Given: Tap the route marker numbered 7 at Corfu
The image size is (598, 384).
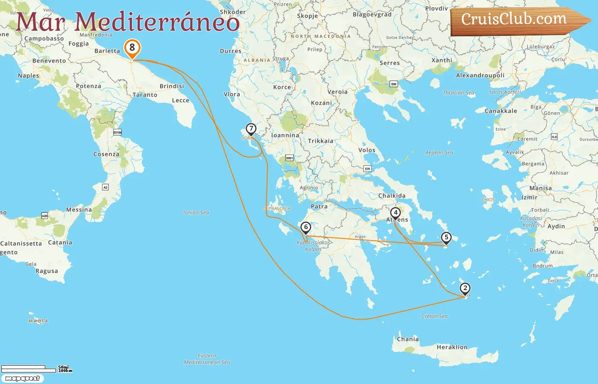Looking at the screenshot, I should tap(251, 128).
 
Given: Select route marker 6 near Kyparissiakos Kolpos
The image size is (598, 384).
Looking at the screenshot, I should tap(305, 227).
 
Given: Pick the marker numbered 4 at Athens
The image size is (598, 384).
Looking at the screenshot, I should tap(396, 213).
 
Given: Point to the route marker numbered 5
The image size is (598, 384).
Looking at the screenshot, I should tap(446, 238).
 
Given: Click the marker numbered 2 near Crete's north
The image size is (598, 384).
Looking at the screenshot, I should tap(465, 288).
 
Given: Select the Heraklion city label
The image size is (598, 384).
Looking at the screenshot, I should tap(452, 347).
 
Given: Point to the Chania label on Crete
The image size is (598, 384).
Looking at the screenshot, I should tap(407, 339).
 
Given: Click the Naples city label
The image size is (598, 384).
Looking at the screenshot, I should tap(28, 76).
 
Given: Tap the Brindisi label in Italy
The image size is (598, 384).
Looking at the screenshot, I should tap(172, 86).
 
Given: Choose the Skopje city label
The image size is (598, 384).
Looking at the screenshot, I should tap(308, 16).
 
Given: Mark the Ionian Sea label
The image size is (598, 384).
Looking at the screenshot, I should tap(196, 212).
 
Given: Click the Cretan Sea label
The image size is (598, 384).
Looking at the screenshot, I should tap(434, 316).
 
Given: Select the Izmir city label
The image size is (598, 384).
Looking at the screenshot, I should tap(529, 198).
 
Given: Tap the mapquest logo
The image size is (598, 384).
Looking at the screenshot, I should tap(22, 378).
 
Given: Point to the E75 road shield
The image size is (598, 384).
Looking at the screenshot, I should tap(367, 169).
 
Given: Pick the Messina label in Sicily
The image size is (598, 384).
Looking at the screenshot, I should tap(79, 210).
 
